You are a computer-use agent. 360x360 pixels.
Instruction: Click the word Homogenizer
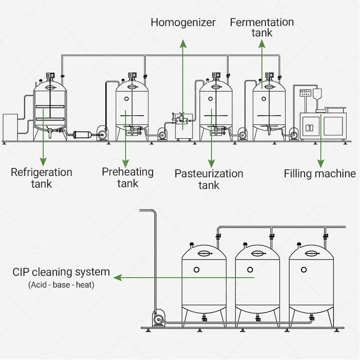pyautogui.click(x=183, y=23)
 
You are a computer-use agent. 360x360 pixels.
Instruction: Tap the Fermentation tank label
pyautogui.click(x=262, y=27)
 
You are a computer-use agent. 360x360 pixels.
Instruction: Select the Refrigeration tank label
pyautogui.click(x=41, y=178)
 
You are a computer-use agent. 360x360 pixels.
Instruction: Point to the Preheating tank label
pyautogui.click(x=128, y=177)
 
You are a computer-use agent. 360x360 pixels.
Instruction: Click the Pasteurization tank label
pyautogui.click(x=209, y=179)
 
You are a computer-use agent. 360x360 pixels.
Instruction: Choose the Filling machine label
pyautogui.click(x=320, y=174)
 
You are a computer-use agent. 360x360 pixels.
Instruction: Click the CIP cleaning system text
pyautogui.click(x=61, y=272)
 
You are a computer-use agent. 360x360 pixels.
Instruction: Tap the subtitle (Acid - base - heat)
pyautogui.click(x=61, y=285)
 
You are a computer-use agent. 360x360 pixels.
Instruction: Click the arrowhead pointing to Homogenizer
pyautogui.click(x=183, y=44)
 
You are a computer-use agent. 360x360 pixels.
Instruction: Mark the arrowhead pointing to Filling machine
pyautogui.click(x=321, y=164)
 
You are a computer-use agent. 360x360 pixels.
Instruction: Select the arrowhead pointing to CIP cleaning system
pyautogui.click(x=117, y=278)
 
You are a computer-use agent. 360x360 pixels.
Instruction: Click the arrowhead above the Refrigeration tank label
pyautogui.click(x=43, y=162)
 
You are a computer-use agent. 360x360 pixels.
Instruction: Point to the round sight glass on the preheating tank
pyautogui.click(x=126, y=99)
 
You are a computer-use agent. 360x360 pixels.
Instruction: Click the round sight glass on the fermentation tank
pyautogui.click(x=264, y=99)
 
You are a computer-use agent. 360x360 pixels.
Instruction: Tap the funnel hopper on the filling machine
pyautogui.click(x=317, y=96)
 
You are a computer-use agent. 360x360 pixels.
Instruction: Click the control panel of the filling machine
pyautogui.click(x=306, y=93)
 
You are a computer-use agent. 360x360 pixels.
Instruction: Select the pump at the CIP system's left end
pyautogui.click(x=159, y=318)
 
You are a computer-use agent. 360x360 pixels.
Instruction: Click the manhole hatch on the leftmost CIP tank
pyautogui.click(x=204, y=253)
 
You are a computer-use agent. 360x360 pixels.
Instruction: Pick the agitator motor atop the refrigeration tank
pyautogui.click(x=50, y=76)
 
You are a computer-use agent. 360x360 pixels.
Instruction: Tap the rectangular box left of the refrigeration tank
pyautogui.click(x=10, y=127)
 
